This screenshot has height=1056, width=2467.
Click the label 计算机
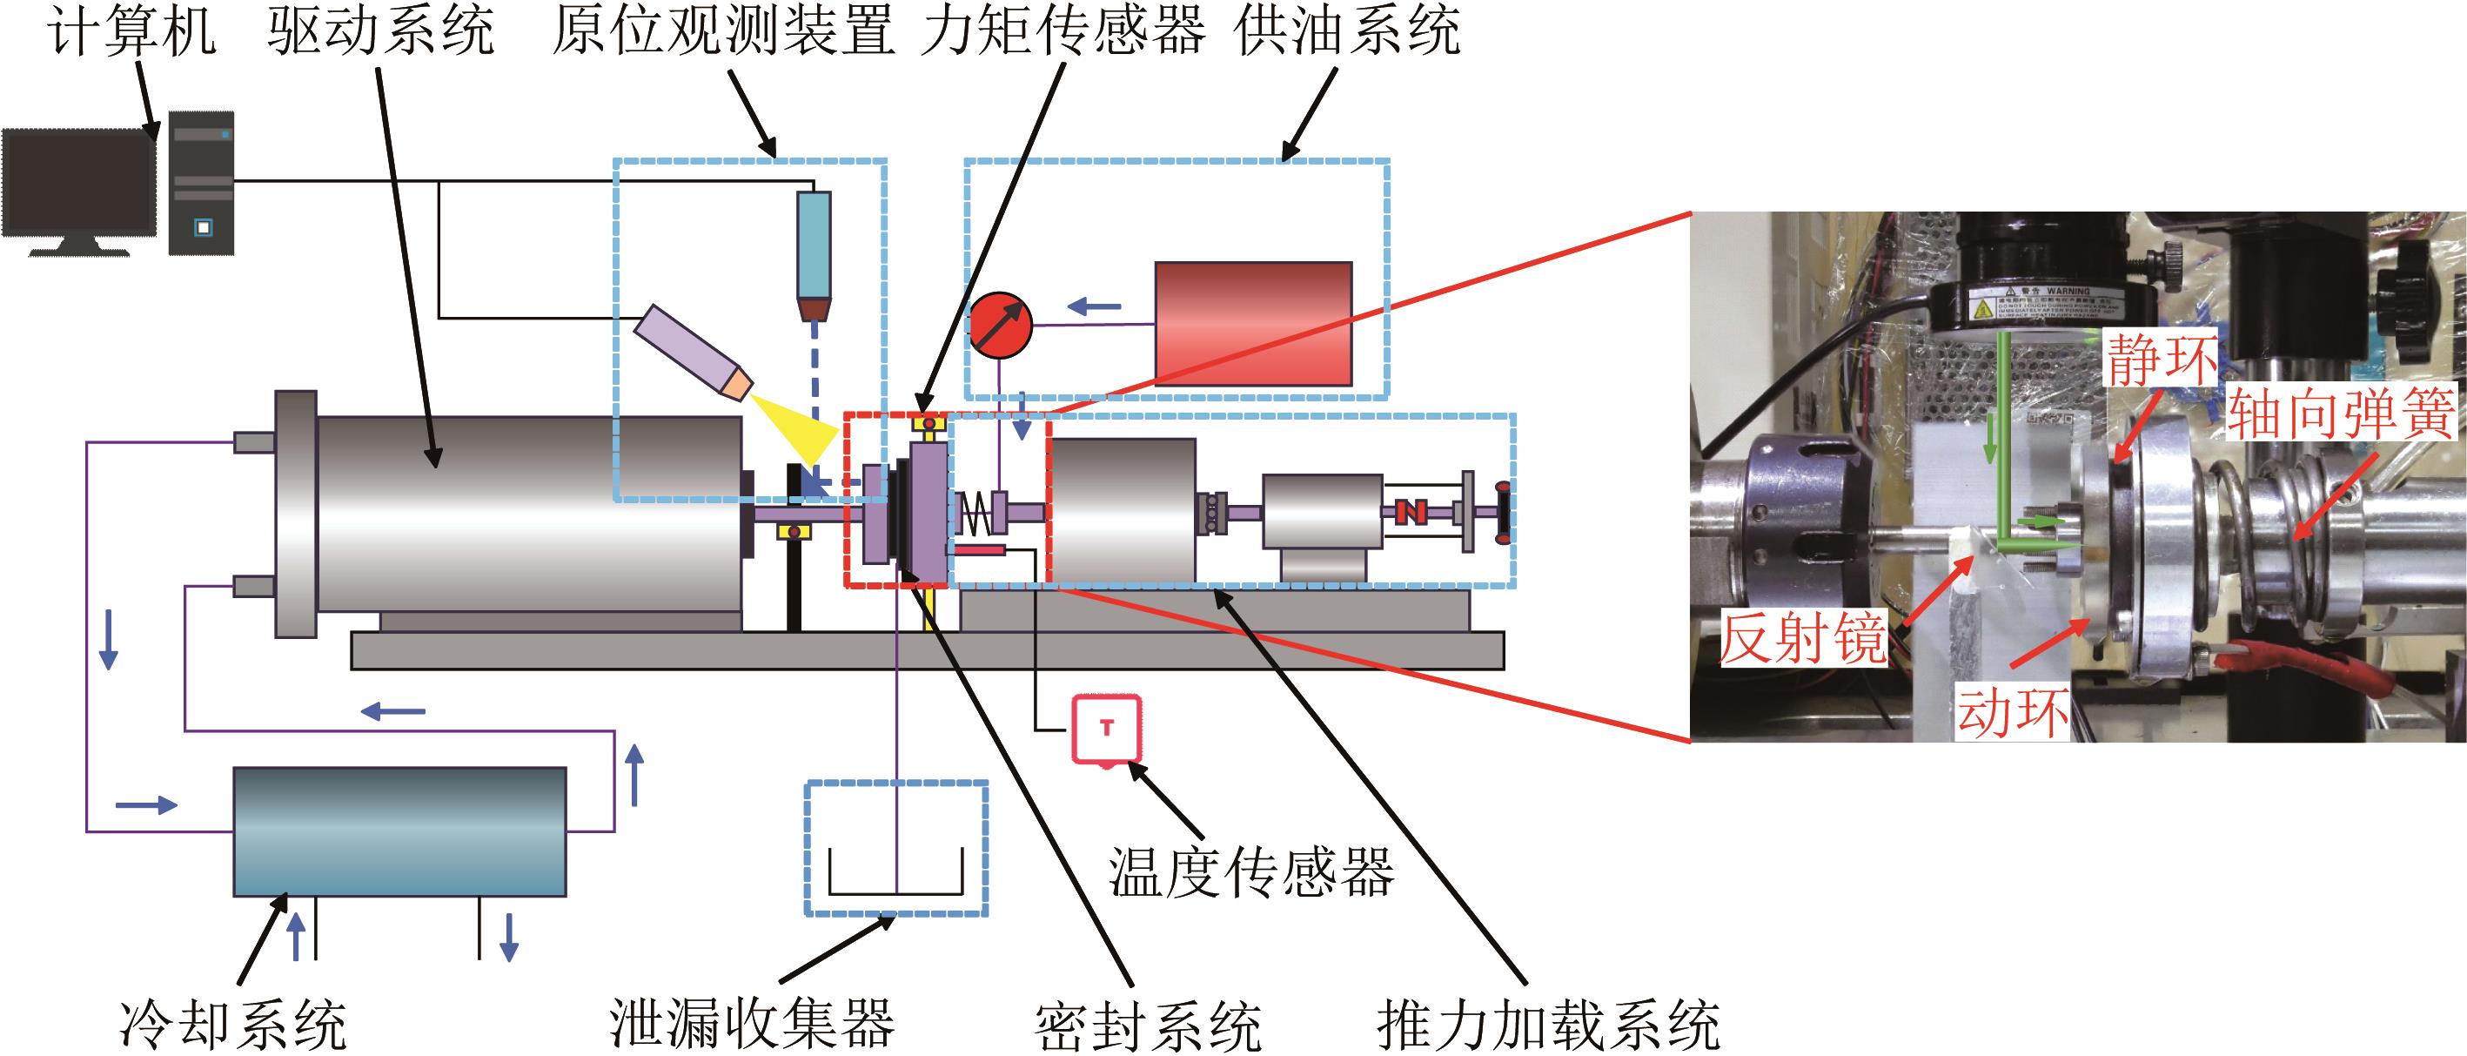[132, 32]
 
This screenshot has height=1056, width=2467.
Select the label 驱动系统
[381, 32]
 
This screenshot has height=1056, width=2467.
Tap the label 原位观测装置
[723, 32]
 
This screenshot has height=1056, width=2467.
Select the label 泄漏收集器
[752, 1024]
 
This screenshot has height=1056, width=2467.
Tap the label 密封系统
[1149, 1026]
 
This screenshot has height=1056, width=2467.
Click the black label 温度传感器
[1250, 872]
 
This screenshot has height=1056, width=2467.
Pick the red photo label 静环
[2161, 360]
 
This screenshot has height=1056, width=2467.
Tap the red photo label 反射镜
[1802, 638]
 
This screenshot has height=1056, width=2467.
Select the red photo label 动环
[2011, 713]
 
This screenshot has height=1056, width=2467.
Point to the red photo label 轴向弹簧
[2341, 414]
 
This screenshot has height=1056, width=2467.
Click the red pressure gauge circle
[1000, 325]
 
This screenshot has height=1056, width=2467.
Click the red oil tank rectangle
[1254, 324]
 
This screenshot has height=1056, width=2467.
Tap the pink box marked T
[1107, 729]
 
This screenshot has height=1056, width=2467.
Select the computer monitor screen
[78, 184]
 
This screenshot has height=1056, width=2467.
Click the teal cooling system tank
[399, 831]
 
